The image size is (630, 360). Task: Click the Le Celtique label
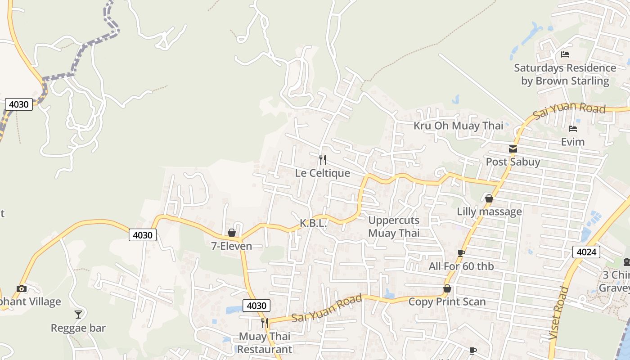tap(322, 173)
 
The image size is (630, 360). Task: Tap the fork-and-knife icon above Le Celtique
tap(322, 159)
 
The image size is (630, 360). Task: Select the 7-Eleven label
tap(231, 246)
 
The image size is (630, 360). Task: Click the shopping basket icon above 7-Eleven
tap(232, 233)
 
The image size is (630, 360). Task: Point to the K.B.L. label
tap(313, 223)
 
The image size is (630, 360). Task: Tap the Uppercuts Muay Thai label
tap(394, 226)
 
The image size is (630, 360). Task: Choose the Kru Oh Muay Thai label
tap(458, 126)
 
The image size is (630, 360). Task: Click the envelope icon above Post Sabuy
tap(513, 149)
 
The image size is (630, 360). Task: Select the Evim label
tap(572, 142)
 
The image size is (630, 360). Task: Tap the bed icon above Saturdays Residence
tap(565, 54)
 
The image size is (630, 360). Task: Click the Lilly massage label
tap(489, 211)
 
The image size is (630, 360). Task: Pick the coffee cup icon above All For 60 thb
tap(461, 253)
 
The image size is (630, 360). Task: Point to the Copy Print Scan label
tap(447, 301)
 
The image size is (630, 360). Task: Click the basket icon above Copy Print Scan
tap(447, 288)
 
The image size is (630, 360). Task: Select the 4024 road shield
tap(586, 252)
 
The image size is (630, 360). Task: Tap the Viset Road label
tap(556, 319)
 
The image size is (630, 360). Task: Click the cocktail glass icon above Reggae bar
tap(78, 314)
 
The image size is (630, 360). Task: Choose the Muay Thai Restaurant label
tap(265, 343)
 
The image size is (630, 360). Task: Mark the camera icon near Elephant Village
tap(21, 288)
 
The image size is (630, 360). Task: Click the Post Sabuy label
tap(513, 162)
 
